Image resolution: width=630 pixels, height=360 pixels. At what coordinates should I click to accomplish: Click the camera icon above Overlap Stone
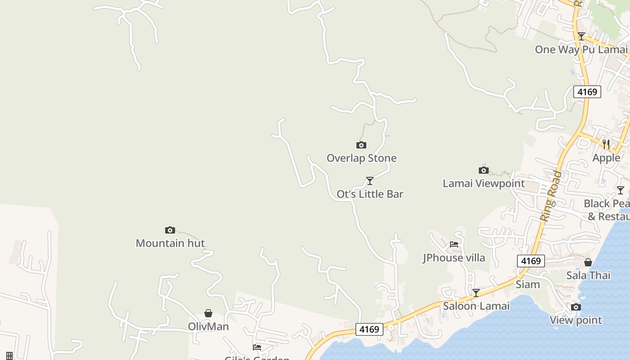[x=361, y=145]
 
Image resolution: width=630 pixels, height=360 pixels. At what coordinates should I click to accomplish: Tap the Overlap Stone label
[x=361, y=158]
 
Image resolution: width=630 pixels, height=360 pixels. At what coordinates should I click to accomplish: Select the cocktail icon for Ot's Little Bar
[x=370, y=181]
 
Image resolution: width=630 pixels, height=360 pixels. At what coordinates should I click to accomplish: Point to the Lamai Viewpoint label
[x=483, y=183]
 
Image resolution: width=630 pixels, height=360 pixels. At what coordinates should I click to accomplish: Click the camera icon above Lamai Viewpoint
[x=484, y=170]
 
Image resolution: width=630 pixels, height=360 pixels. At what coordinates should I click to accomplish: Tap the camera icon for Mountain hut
[x=170, y=230]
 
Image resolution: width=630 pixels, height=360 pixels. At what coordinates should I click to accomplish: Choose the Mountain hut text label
[x=170, y=243]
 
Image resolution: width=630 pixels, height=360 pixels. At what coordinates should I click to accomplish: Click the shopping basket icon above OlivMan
[x=208, y=313]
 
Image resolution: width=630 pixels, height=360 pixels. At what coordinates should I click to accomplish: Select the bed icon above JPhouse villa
[x=454, y=244]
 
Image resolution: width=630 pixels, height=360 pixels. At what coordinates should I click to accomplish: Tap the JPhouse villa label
[x=454, y=257]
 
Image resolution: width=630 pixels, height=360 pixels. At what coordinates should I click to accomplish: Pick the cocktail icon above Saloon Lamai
[x=476, y=293]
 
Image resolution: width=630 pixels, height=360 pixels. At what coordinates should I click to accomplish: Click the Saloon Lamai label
[x=476, y=306]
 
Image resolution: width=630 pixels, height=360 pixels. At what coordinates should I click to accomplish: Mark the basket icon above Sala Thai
[x=588, y=262]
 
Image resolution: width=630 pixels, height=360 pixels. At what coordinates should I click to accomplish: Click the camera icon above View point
[x=576, y=307]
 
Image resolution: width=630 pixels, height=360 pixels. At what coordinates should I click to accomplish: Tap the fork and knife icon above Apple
[x=606, y=144]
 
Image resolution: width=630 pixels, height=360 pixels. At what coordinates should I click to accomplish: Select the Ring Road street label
[x=551, y=196]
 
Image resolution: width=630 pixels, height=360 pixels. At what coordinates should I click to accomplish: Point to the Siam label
[x=527, y=284]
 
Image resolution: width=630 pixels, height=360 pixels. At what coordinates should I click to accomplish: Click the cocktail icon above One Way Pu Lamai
[x=581, y=36]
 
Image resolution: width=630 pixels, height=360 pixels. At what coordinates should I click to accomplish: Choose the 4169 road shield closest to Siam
[x=531, y=261]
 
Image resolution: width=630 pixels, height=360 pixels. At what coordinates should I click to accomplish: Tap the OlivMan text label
[x=208, y=326]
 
